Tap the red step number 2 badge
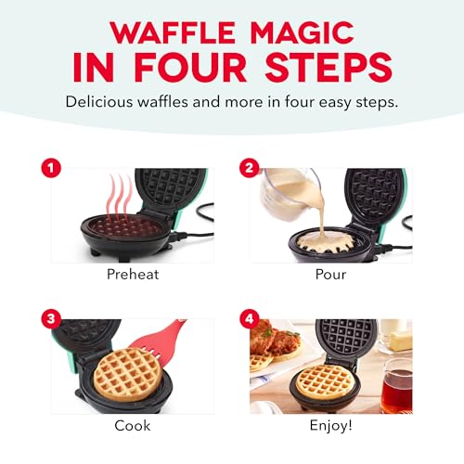click(x=249, y=170)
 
